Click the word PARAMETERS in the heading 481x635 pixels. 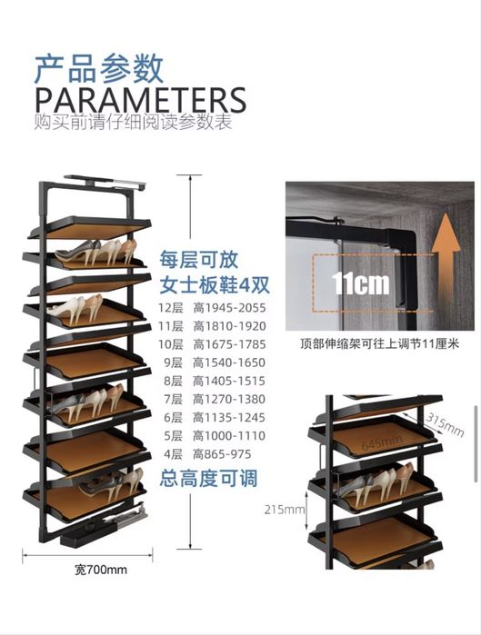point(141,100)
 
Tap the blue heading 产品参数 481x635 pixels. point(99,69)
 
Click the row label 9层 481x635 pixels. point(173,362)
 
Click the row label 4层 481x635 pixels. point(173,454)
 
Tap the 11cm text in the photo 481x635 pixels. point(360,283)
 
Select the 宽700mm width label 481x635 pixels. point(101,570)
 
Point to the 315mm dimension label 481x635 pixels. point(445,425)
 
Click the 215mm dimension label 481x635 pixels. point(285,509)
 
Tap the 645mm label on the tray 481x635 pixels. point(382,442)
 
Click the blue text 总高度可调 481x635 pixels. point(209,478)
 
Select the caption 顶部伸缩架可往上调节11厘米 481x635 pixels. point(379,343)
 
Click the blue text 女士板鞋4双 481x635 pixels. point(215,284)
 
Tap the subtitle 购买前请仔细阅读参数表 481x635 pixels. point(134,123)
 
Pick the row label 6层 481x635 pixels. point(173,417)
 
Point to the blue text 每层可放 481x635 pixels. point(198,260)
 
